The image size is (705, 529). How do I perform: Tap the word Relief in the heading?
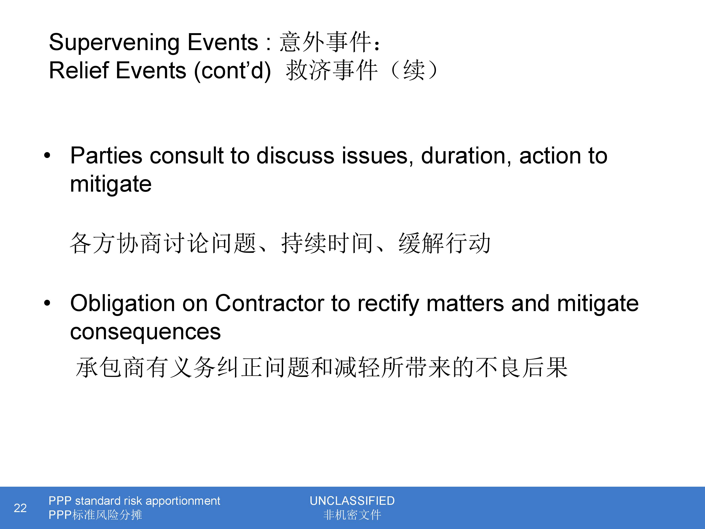[79, 71]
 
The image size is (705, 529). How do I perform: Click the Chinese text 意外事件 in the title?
[325, 42]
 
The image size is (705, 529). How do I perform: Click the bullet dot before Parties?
[47, 156]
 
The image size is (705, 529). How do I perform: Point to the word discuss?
[295, 156]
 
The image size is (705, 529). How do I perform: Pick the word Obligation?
[123, 304]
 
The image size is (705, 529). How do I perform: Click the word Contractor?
[270, 303]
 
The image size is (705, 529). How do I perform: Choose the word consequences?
[145, 332]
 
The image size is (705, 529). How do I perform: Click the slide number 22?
[20, 508]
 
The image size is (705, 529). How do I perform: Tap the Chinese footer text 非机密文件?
[352, 515]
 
